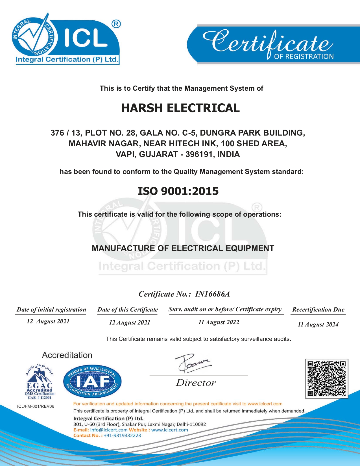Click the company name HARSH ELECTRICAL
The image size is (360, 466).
(x=180, y=108)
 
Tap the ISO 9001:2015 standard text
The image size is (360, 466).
(x=178, y=191)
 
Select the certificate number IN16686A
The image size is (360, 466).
(x=212, y=294)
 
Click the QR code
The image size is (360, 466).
(x=326, y=378)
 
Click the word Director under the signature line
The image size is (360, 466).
(x=196, y=383)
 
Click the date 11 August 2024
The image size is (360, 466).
(x=318, y=325)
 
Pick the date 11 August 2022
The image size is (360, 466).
(x=219, y=322)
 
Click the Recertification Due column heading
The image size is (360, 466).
(x=318, y=310)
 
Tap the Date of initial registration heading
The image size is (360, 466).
(x=51, y=310)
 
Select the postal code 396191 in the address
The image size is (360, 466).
(x=199, y=154)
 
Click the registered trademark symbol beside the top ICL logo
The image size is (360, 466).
(x=116, y=24)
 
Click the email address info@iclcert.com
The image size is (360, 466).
(x=109, y=430)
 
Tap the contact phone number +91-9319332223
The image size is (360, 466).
(x=122, y=435)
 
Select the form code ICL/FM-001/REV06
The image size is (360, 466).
(x=36, y=406)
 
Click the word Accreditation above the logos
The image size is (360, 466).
(x=67, y=355)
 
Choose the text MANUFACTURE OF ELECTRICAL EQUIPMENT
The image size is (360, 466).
(x=183, y=248)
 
